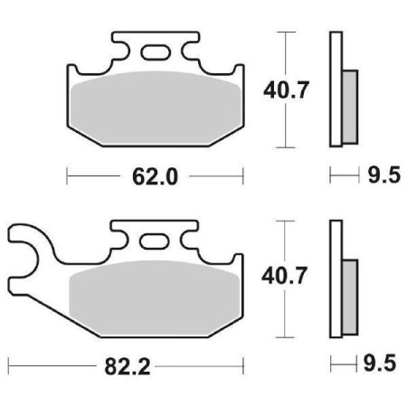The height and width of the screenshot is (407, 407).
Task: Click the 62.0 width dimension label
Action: pyautogui.click(x=154, y=175)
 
